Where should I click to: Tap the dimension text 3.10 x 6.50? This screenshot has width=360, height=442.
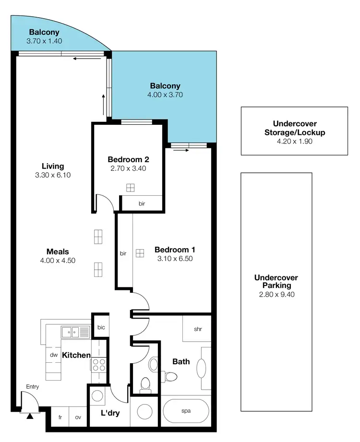click(174, 259)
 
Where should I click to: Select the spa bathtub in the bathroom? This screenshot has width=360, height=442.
click(186, 411)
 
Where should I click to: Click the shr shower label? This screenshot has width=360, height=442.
click(197, 329)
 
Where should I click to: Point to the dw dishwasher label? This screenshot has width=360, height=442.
click(53, 355)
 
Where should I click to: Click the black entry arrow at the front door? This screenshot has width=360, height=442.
click(30, 416)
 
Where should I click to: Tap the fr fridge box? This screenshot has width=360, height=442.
click(60, 418)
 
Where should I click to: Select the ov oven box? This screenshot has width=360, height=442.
click(78, 418)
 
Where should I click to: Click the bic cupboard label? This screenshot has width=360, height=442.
click(101, 327)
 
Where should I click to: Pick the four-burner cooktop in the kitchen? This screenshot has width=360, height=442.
click(98, 365)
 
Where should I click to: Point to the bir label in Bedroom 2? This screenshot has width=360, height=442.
click(142, 203)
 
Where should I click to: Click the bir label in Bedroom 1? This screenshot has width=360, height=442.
click(123, 253)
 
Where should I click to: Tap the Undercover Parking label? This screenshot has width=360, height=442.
click(276, 281)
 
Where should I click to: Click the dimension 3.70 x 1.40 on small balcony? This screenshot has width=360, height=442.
click(44, 41)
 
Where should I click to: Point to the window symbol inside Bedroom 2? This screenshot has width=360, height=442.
click(131, 188)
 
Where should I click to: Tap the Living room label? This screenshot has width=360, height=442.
click(53, 166)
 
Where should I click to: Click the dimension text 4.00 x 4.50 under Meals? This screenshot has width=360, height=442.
click(58, 260)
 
